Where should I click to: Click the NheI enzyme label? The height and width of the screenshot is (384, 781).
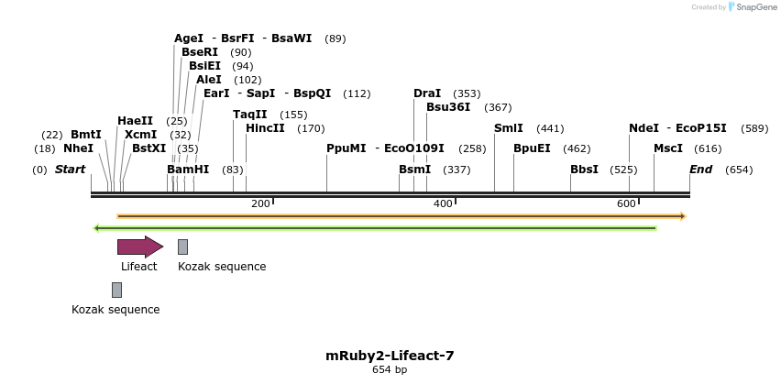point(78,148)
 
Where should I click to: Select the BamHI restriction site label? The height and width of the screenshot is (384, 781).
point(188,170)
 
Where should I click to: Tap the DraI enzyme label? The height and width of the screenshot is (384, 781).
point(427,93)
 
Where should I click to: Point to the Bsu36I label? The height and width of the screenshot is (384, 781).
point(448,107)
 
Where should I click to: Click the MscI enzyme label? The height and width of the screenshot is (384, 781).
point(668,148)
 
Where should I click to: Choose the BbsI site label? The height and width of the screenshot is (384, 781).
point(584,170)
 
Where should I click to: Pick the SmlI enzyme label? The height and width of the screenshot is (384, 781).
point(509,128)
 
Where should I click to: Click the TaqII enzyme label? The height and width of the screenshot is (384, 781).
point(250,115)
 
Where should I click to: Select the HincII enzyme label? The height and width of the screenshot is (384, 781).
point(265,128)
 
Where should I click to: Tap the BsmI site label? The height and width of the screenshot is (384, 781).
point(414,170)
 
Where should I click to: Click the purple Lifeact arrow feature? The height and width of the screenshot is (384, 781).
point(139,246)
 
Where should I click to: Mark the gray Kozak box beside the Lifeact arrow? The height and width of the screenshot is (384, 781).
point(182,246)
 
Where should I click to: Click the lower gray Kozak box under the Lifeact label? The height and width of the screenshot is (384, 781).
point(116,290)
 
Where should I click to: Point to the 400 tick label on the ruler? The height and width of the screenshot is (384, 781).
point(443,203)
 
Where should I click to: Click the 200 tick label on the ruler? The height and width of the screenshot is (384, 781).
point(259,203)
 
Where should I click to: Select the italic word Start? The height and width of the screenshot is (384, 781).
point(70,170)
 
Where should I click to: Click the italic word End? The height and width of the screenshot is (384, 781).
point(700,170)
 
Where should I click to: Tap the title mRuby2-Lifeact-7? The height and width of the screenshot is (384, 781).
point(390,356)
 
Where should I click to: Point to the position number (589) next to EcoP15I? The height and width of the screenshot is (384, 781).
point(754,128)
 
